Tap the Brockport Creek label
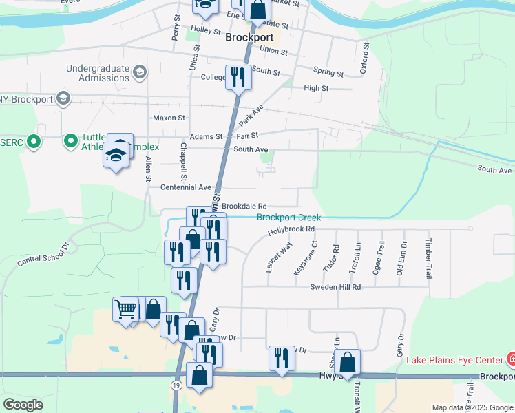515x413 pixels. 288,218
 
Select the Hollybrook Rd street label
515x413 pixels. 291,229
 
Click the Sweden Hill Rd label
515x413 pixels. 335,286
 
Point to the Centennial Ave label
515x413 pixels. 185,187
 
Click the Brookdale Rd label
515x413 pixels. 244,206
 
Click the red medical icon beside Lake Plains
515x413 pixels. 511,359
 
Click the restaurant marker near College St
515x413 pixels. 238,76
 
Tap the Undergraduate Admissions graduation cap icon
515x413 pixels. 140,72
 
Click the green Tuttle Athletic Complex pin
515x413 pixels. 70,142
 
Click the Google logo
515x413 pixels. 23,405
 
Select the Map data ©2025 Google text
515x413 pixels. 472,407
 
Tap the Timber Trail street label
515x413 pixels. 428,259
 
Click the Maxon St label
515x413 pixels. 169,118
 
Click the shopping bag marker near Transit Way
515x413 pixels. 349,362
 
